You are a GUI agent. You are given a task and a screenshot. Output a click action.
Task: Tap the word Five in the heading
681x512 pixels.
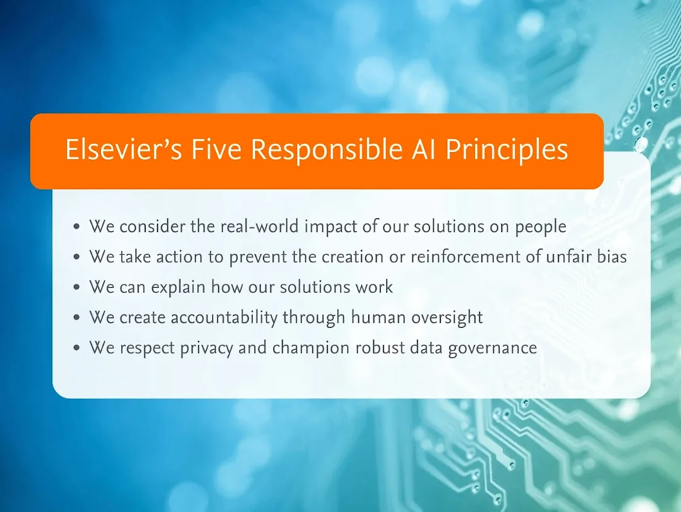[216, 149]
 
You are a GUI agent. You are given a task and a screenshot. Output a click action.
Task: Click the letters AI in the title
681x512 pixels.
[424, 149]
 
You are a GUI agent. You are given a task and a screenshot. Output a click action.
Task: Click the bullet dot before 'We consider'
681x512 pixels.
[77, 227]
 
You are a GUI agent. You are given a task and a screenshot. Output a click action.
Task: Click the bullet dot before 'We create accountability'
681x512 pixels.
[77, 318]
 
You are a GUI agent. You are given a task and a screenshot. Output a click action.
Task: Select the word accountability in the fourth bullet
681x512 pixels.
[224, 318]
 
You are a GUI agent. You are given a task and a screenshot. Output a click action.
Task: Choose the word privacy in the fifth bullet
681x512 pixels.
[206, 349]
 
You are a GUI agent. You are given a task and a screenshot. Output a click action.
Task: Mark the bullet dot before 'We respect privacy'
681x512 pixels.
[77, 348]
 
